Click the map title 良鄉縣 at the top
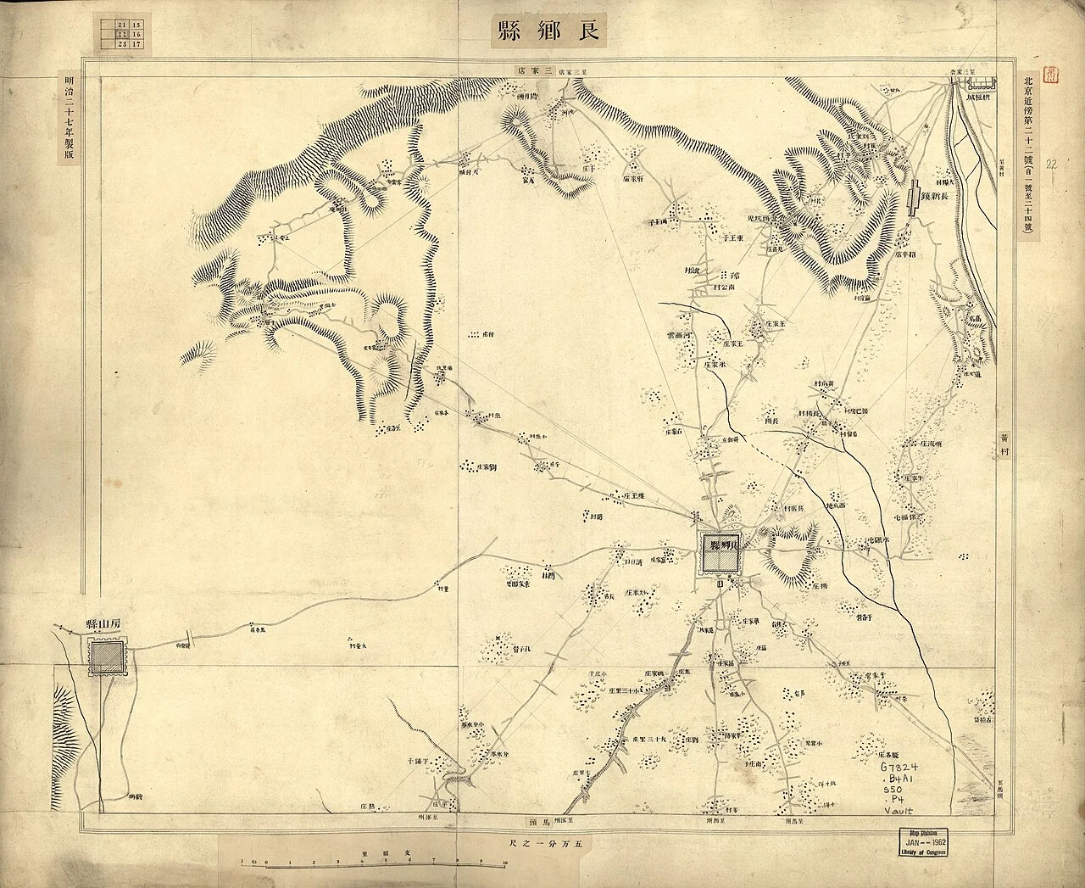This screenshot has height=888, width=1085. tap(546, 31)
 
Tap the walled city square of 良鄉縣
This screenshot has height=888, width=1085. tap(719, 556)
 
